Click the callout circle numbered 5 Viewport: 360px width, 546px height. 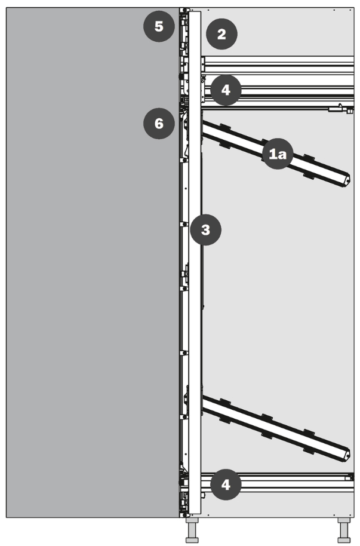point(159,26)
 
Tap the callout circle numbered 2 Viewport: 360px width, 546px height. point(221,34)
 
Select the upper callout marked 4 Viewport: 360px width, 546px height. point(225,91)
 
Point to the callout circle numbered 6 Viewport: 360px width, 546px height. point(159,124)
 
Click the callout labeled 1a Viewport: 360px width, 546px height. point(278,155)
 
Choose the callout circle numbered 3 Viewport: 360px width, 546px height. point(206,229)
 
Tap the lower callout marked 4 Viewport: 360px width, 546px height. point(225,484)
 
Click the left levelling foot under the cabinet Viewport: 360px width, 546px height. point(193,531)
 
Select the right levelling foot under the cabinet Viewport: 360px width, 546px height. point(344,531)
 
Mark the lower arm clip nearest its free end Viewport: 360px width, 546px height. point(308,439)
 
